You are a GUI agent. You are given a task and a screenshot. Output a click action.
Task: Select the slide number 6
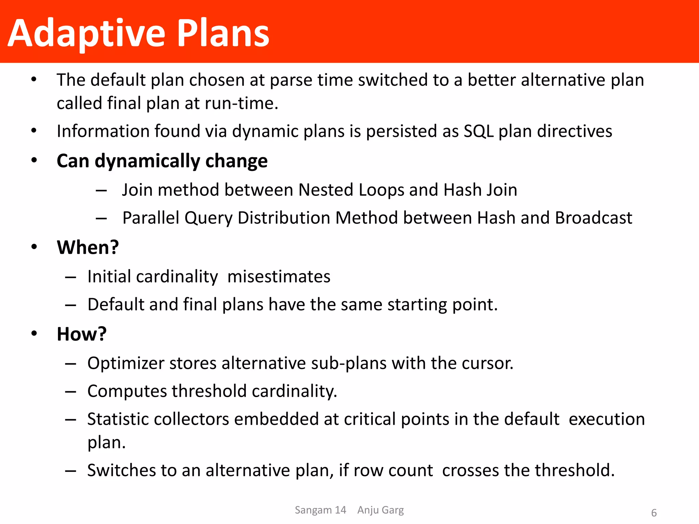[x=654, y=513]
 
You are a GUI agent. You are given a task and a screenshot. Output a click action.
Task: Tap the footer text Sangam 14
[x=320, y=510]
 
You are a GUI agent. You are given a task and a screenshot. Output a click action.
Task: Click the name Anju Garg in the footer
[x=380, y=510]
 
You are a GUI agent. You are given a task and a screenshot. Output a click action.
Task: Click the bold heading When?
[x=88, y=247]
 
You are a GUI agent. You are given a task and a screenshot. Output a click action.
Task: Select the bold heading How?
[x=82, y=334]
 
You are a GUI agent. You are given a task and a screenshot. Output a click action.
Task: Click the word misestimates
[x=279, y=277]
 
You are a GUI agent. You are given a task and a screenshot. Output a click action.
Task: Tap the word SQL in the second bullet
[x=479, y=131]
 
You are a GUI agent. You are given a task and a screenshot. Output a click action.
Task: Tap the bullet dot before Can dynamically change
[x=34, y=160]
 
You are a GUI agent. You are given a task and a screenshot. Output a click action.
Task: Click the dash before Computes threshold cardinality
[x=70, y=392]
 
